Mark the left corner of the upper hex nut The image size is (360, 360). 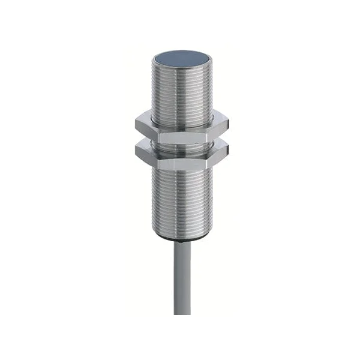pos(136,125)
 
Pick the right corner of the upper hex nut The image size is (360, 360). pos(229,125)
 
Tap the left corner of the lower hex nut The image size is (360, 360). pos(136,150)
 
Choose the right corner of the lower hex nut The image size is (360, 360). pos(229,150)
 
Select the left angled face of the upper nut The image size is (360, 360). pos(148,127)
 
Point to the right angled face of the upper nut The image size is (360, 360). pos(217,127)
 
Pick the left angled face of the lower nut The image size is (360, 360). pos(148,152)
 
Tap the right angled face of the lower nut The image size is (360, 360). pos(217,152)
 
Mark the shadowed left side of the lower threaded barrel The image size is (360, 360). pos(157,198)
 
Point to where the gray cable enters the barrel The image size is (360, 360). pos(181,242)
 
